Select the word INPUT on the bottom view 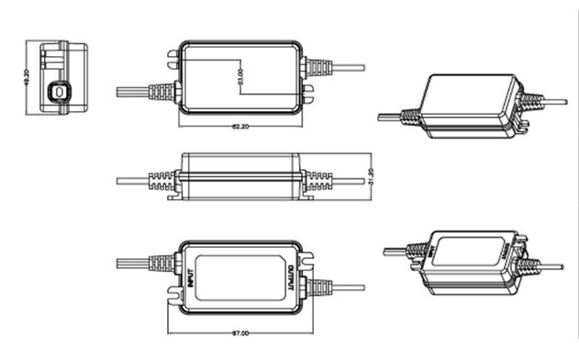[x=189, y=276]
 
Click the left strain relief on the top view [x=162, y=91]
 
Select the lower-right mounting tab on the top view [x=309, y=92]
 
